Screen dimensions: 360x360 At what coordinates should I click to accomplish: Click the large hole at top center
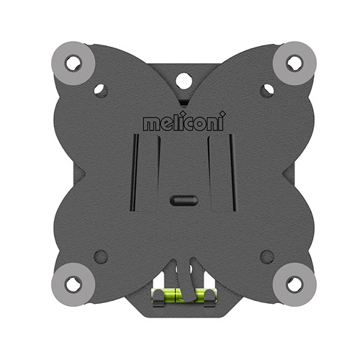tap(184, 81)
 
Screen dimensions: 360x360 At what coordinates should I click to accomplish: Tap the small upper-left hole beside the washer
tap(101, 91)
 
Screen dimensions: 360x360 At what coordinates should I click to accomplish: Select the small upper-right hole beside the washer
tap(267, 91)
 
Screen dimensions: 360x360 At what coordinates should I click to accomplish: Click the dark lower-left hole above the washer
tap(101, 256)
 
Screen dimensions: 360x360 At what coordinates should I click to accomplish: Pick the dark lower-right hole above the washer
tap(267, 256)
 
